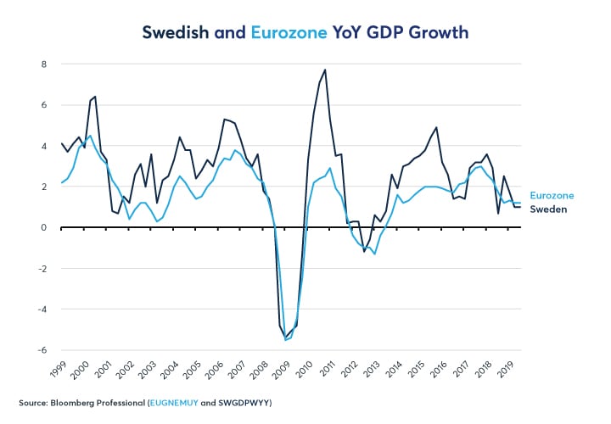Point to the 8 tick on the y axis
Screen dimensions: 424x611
coord(44,64)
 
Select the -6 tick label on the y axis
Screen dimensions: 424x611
coord(42,350)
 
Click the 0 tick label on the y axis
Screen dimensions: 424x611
coord(44,227)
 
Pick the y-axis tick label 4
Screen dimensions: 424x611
coord(44,146)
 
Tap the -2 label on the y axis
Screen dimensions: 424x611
coord(42,269)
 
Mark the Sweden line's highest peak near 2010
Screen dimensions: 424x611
coord(325,70)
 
